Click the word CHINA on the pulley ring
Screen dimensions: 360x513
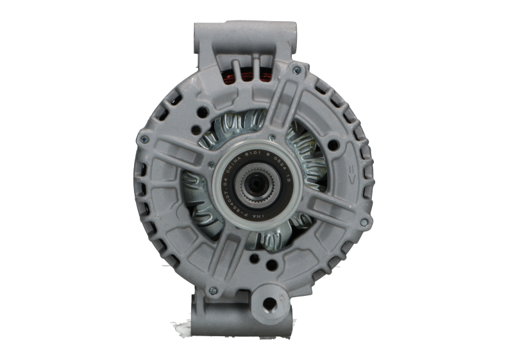234,163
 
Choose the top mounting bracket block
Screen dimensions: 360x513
248,39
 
